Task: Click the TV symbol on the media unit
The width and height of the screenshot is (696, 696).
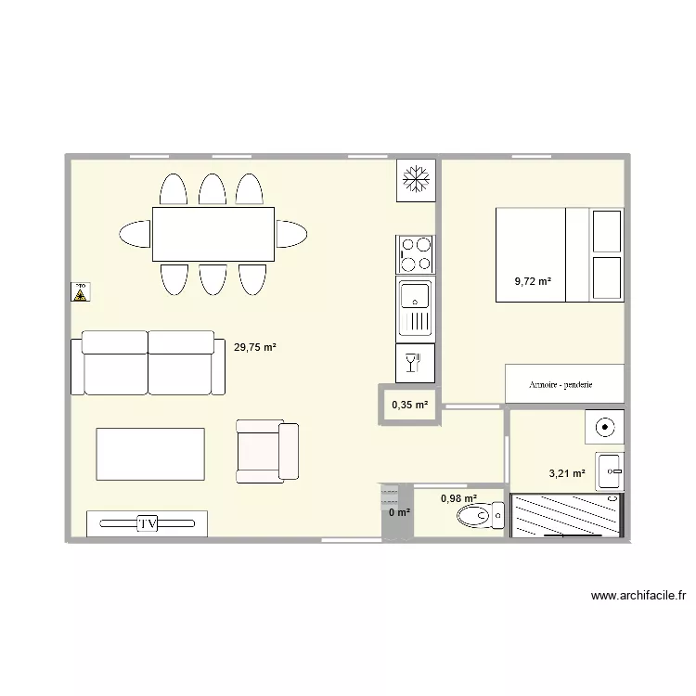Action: [147, 524]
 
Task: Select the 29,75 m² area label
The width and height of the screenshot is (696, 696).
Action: [255, 348]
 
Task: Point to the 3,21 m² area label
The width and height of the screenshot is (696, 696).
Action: [567, 473]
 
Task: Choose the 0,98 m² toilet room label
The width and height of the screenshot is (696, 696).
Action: [458, 498]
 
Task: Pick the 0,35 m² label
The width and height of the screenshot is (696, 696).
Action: [409, 405]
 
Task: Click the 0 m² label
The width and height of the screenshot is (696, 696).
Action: [399, 512]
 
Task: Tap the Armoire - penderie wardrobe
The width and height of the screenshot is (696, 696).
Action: [563, 384]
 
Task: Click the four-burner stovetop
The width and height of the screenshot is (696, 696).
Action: [415, 253]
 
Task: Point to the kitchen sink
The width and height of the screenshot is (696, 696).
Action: [415, 307]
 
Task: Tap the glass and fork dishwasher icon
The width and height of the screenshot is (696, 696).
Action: [415, 363]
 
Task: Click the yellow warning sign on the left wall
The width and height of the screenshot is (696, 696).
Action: [81, 294]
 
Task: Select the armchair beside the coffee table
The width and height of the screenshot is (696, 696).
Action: [267, 451]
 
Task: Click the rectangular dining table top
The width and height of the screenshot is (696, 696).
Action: [213, 234]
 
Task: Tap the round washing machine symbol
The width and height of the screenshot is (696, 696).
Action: [604, 428]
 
